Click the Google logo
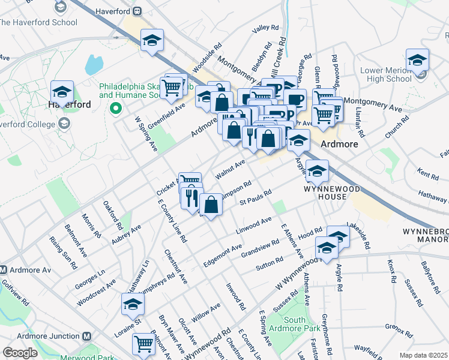(x=20, y=353)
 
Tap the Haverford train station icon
(x=137, y=10)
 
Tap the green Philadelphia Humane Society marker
(x=116, y=109)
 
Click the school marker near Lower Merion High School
(x=417, y=61)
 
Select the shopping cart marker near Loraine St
(x=144, y=344)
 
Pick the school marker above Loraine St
(x=133, y=305)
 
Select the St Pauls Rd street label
(x=256, y=196)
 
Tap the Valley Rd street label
(x=265, y=28)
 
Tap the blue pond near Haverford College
(x=94, y=64)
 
